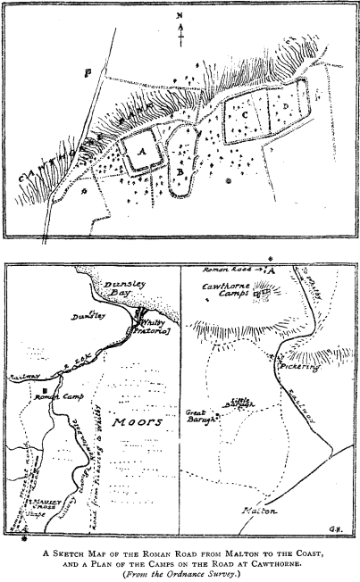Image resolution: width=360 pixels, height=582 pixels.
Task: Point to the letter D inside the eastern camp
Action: point(283,108)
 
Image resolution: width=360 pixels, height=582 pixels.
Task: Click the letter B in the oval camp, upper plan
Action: point(180,167)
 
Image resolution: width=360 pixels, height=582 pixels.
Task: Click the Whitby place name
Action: point(154,321)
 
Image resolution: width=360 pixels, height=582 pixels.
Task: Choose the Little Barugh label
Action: point(239,403)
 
